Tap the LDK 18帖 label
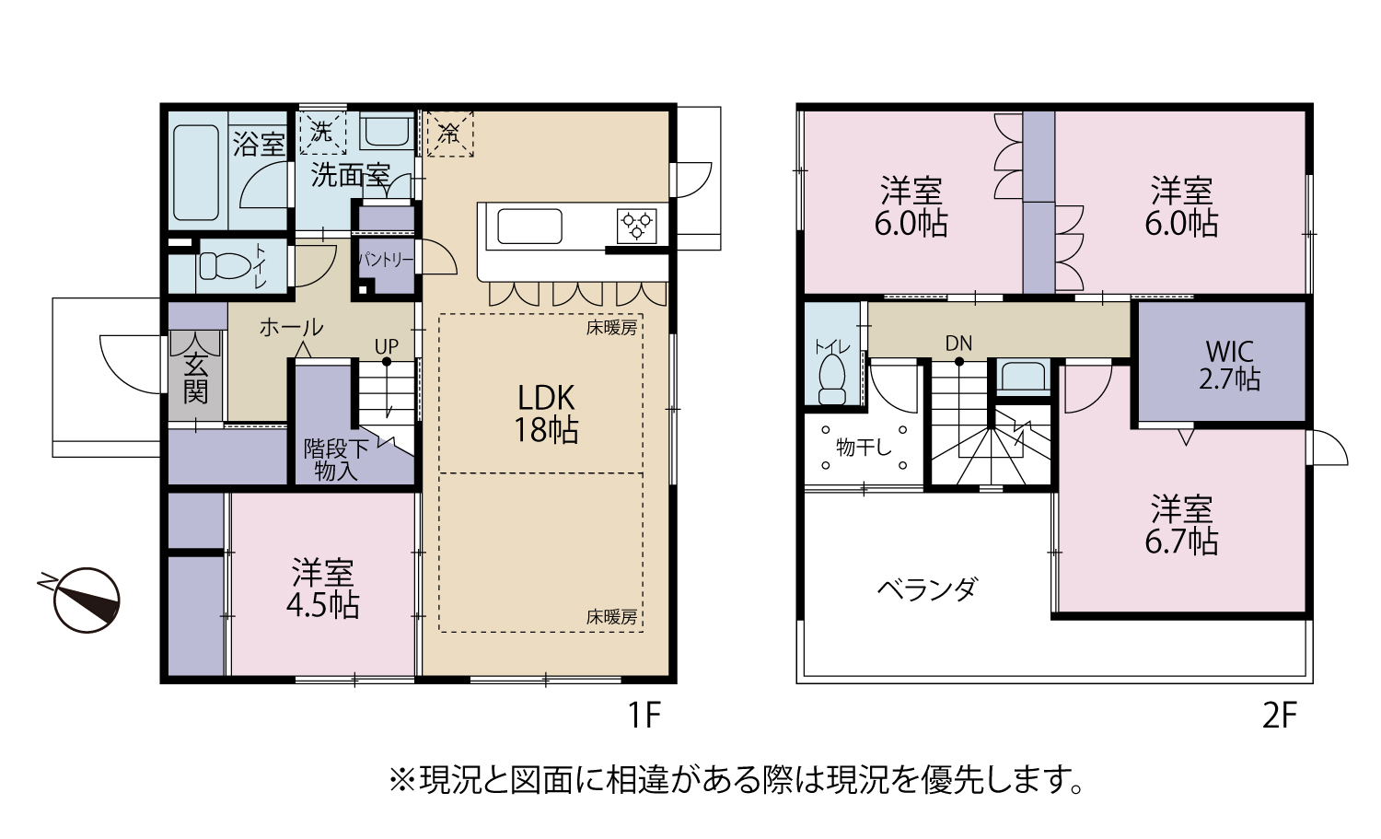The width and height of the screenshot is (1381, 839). (546, 414)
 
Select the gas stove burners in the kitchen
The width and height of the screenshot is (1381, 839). (636, 226)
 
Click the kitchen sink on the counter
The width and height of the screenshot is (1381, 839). (529, 227)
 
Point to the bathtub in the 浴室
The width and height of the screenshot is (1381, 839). (195, 173)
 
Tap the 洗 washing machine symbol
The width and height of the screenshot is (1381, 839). (322, 132)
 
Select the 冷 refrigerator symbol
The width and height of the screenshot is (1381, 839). (450, 134)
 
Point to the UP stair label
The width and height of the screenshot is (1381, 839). (387, 346)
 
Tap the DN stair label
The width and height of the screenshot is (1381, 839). (958, 344)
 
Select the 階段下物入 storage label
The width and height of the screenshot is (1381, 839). (335, 460)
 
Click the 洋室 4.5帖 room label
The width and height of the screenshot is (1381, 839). (322, 588)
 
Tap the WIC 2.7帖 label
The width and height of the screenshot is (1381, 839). (1230, 366)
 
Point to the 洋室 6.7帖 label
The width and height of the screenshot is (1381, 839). (1181, 525)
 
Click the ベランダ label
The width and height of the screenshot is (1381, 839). (927, 589)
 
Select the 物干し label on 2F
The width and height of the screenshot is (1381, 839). (864, 448)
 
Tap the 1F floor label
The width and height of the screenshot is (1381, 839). (644, 716)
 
